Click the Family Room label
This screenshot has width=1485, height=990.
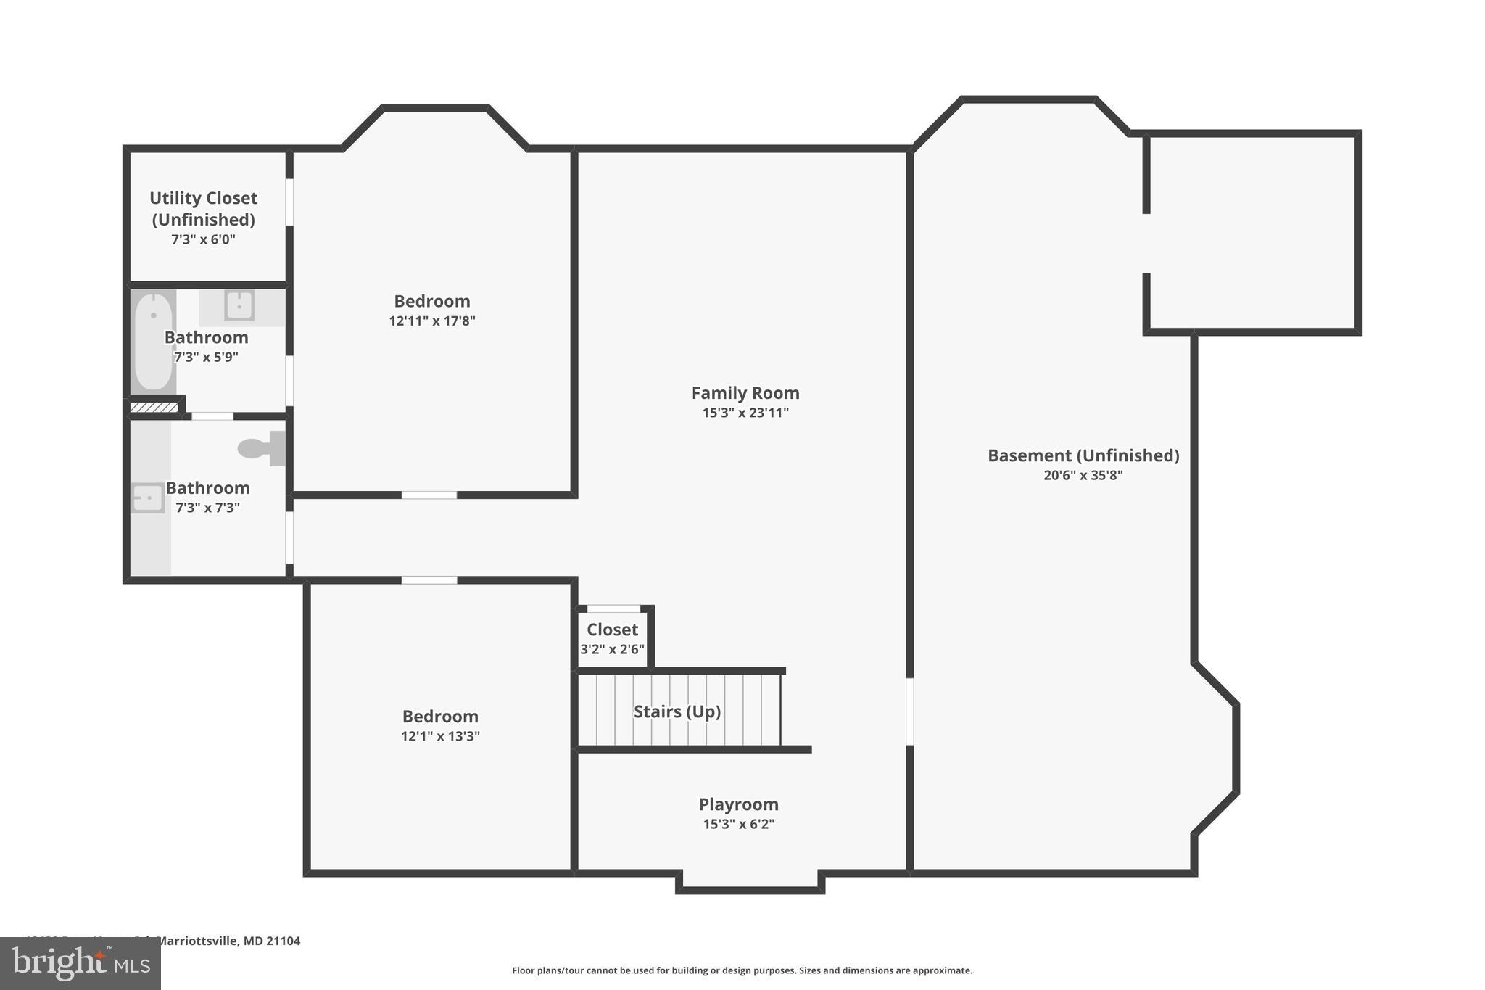tap(745, 393)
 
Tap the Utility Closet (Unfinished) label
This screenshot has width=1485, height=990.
tap(203, 208)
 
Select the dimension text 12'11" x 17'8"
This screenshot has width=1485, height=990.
tap(431, 321)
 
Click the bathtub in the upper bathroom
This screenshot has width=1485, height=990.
tap(154, 341)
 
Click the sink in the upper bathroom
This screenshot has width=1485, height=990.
tap(239, 305)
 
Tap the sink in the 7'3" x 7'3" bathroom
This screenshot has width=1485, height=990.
tap(147, 498)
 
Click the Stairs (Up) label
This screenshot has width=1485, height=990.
tap(677, 711)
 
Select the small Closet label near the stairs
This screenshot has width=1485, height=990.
tap(612, 630)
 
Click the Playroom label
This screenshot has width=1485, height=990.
tap(738, 804)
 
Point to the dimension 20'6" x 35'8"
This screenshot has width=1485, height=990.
tap(1083, 476)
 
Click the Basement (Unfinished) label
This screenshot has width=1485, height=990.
tap(1083, 455)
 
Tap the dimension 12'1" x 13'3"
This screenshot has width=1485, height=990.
tap(440, 736)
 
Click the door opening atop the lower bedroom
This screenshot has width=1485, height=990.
tap(429, 580)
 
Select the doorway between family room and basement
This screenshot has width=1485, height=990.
tap(909, 711)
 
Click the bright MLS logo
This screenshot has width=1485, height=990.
tap(80, 964)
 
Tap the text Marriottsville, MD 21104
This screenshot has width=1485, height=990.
tap(228, 941)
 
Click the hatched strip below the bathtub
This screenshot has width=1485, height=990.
tap(154, 408)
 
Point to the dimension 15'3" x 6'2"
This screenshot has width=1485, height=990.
tap(738, 824)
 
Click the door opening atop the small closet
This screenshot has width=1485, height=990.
tap(613, 609)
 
